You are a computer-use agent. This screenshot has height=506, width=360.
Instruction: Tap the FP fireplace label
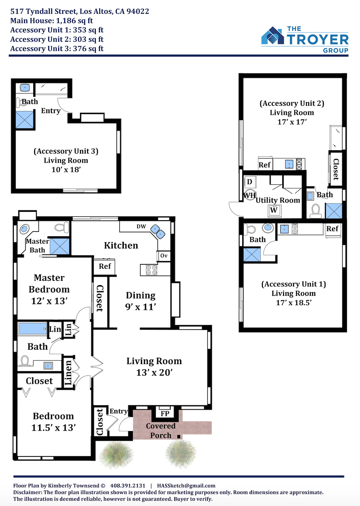165,413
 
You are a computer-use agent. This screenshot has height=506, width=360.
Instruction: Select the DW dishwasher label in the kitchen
141,226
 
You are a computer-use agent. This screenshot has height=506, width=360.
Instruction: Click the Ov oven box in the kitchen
164,256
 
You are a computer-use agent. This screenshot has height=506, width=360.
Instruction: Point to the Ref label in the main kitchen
105,266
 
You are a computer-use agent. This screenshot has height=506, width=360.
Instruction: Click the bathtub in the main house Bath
33,329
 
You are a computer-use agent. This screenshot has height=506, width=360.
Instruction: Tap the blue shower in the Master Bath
60,246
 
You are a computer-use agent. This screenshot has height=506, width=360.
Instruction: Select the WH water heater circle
249,195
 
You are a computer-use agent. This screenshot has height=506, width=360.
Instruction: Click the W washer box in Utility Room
274,210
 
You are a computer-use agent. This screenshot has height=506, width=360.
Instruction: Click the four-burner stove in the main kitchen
151,270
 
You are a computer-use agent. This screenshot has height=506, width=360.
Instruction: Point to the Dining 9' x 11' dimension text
141,307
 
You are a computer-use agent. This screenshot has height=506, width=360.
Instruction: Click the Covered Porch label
161,431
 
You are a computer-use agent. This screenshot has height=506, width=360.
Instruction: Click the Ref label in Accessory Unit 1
332,229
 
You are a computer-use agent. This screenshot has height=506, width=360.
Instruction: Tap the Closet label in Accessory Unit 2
336,169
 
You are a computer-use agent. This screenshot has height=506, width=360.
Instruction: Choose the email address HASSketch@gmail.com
186,486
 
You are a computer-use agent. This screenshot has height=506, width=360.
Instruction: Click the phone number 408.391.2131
127,486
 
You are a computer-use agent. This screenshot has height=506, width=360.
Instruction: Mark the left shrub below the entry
116,454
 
